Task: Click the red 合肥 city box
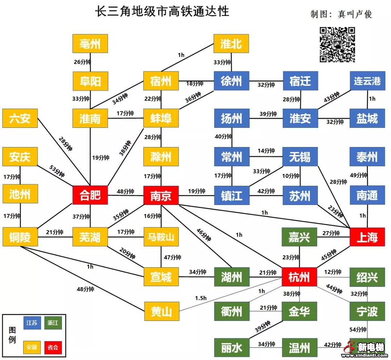coord(90,196)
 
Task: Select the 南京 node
coord(161,196)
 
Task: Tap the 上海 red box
coord(367,238)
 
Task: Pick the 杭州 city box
coord(299,277)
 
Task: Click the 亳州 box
coord(90,43)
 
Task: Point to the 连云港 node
coord(367,81)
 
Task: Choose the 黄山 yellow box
coord(161,311)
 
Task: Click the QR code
coord(337,45)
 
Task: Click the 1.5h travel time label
coord(201,298)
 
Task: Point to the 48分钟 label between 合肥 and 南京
coord(125,191)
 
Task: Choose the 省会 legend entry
coord(53,347)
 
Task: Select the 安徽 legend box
coord(32,347)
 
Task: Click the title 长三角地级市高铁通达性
coord(162,11)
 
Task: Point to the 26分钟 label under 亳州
coord(82,62)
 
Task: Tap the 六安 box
coord(20,118)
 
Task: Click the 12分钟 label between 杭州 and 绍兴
coord(333,272)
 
